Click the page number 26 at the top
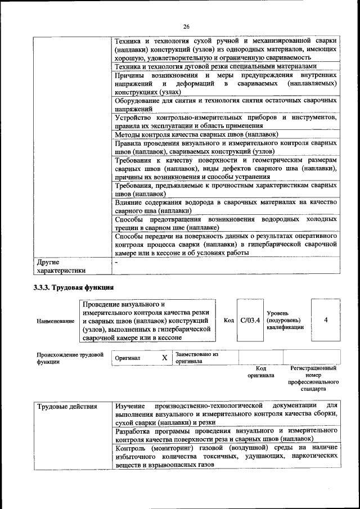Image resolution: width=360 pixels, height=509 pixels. [x=186, y=26]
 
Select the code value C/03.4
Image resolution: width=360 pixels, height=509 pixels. [x=250, y=321]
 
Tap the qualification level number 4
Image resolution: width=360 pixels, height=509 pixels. [x=326, y=320]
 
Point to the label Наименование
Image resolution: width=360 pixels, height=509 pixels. [x=55, y=321]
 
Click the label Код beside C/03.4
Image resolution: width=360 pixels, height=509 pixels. [x=228, y=321]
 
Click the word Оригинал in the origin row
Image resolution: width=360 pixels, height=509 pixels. [x=128, y=358]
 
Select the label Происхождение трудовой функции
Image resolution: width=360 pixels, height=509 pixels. [x=70, y=358]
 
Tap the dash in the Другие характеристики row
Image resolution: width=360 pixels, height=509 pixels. [x=116, y=262]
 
